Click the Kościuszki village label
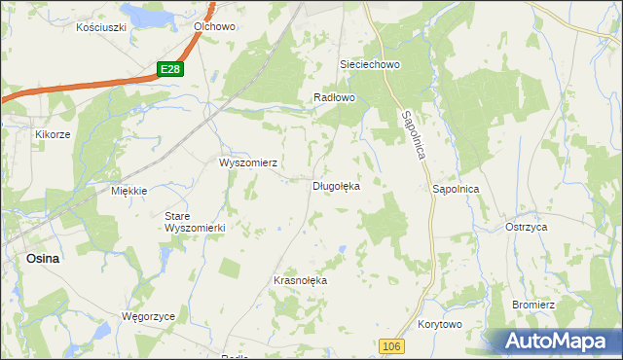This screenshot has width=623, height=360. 102,27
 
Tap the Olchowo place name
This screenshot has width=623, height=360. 214,27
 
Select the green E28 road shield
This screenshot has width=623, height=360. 170,68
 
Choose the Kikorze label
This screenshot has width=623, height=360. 53,134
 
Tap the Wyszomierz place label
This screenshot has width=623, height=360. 249,162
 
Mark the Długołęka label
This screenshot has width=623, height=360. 337,185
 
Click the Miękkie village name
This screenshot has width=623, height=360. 128,191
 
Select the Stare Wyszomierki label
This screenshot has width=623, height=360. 195,221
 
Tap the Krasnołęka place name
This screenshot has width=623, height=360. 301,280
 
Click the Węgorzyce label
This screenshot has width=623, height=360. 147,316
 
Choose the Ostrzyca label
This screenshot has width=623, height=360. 527,226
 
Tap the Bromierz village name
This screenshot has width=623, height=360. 533,305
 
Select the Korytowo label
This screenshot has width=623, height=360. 439,324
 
